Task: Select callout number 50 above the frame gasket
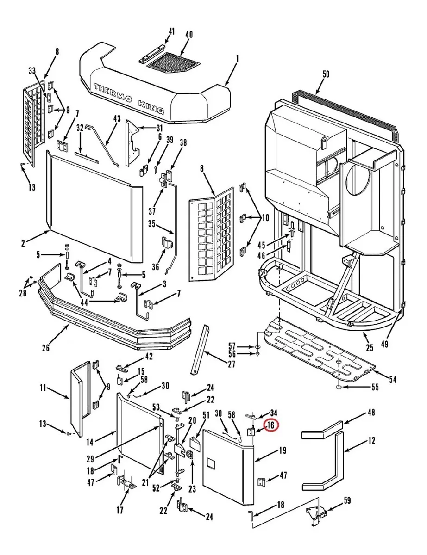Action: (326, 74)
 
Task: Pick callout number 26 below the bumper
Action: (45, 348)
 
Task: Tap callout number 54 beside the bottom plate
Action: (392, 380)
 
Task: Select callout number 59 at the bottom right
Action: (347, 500)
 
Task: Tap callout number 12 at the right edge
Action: (371, 441)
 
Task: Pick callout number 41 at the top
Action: (172, 31)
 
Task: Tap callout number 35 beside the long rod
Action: (151, 225)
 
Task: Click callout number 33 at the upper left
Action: (32, 70)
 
